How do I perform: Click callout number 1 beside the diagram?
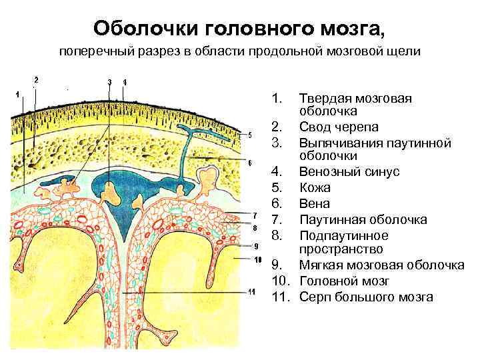coord(17,94)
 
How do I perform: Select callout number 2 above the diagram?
coord(36,79)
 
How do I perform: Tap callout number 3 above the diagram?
coord(109,82)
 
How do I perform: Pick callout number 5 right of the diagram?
coord(249,135)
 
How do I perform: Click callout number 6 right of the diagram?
coord(249,163)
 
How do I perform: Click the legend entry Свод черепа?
coord(339,127)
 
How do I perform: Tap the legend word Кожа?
coord(315,187)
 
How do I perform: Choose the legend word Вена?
coord(315,203)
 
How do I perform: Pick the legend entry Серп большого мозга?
coord(366,297)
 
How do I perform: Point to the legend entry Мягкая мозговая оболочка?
coord(382,265)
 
